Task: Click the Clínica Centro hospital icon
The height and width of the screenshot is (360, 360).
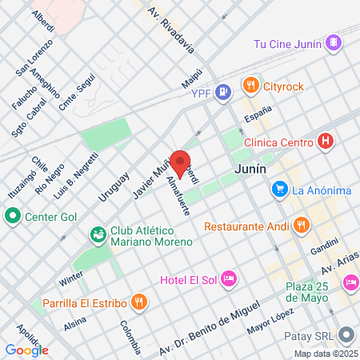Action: pos(325,142)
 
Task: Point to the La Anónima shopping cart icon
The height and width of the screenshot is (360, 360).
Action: pos(279,190)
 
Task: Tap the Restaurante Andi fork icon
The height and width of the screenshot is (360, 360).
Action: pos(301,225)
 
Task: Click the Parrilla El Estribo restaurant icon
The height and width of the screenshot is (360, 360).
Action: pos(139,302)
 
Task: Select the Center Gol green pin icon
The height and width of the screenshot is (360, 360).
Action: pos(12,215)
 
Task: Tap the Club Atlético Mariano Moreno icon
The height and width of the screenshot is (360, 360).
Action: pos(98,234)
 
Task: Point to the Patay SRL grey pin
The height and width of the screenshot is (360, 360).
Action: pos(346,334)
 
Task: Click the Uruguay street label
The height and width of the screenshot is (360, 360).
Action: pos(114,188)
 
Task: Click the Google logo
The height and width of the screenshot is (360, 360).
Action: pos(26,350)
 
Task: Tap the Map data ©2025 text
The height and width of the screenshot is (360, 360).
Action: pos(326,354)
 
